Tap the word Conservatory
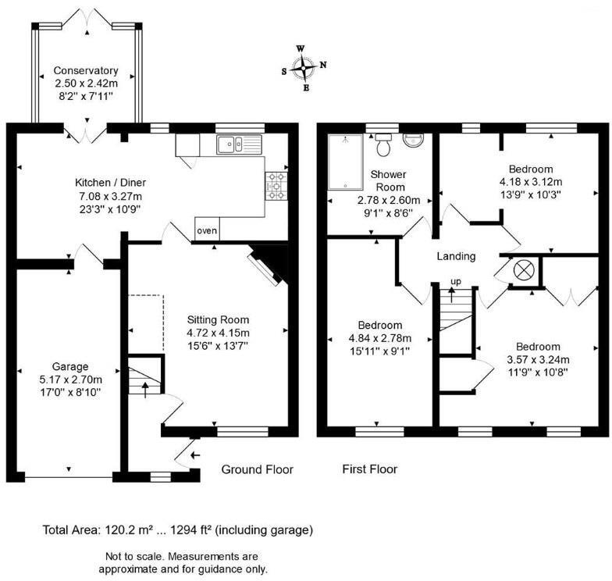tap(86, 70)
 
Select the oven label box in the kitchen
tap(207, 230)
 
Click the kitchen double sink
tap(239, 145)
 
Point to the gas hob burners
tap(276, 186)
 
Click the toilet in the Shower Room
tap(382, 144)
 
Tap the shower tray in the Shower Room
tap(345, 162)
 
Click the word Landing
tap(456, 256)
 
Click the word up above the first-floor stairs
tap(456, 281)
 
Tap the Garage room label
tap(70, 366)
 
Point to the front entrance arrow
tap(195, 454)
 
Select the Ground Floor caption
tap(258, 469)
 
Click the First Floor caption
tap(370, 469)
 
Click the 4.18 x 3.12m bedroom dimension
tap(531, 181)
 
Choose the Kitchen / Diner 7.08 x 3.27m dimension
tap(111, 196)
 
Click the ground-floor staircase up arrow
tap(145, 390)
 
